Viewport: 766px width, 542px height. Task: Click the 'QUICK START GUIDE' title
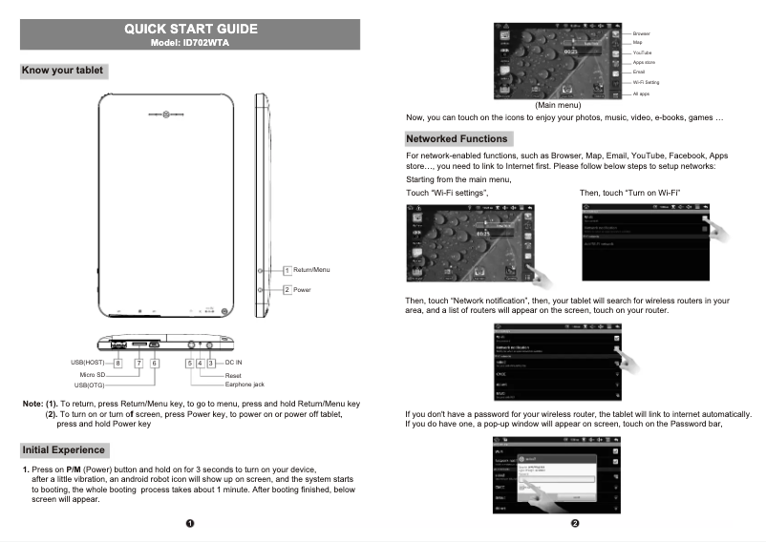pos(190,29)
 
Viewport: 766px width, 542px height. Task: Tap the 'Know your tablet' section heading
pos(63,71)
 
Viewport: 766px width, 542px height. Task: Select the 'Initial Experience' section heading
pos(63,449)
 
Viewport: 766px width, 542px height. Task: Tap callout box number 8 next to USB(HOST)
pos(118,364)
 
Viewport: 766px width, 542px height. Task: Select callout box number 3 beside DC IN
pos(209,364)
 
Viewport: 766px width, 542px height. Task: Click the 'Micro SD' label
pos(92,375)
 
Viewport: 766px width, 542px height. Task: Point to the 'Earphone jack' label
pos(245,384)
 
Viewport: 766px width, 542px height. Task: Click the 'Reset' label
pos(232,375)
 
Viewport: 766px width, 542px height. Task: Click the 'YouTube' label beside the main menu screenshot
pos(642,52)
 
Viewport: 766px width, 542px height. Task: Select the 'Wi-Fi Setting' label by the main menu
pos(646,83)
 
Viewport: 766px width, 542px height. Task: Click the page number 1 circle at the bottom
pos(190,524)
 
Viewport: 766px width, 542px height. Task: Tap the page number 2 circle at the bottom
pos(575,524)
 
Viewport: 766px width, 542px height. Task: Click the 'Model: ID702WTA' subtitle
pos(190,43)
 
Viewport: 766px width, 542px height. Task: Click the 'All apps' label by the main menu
pos(642,94)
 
